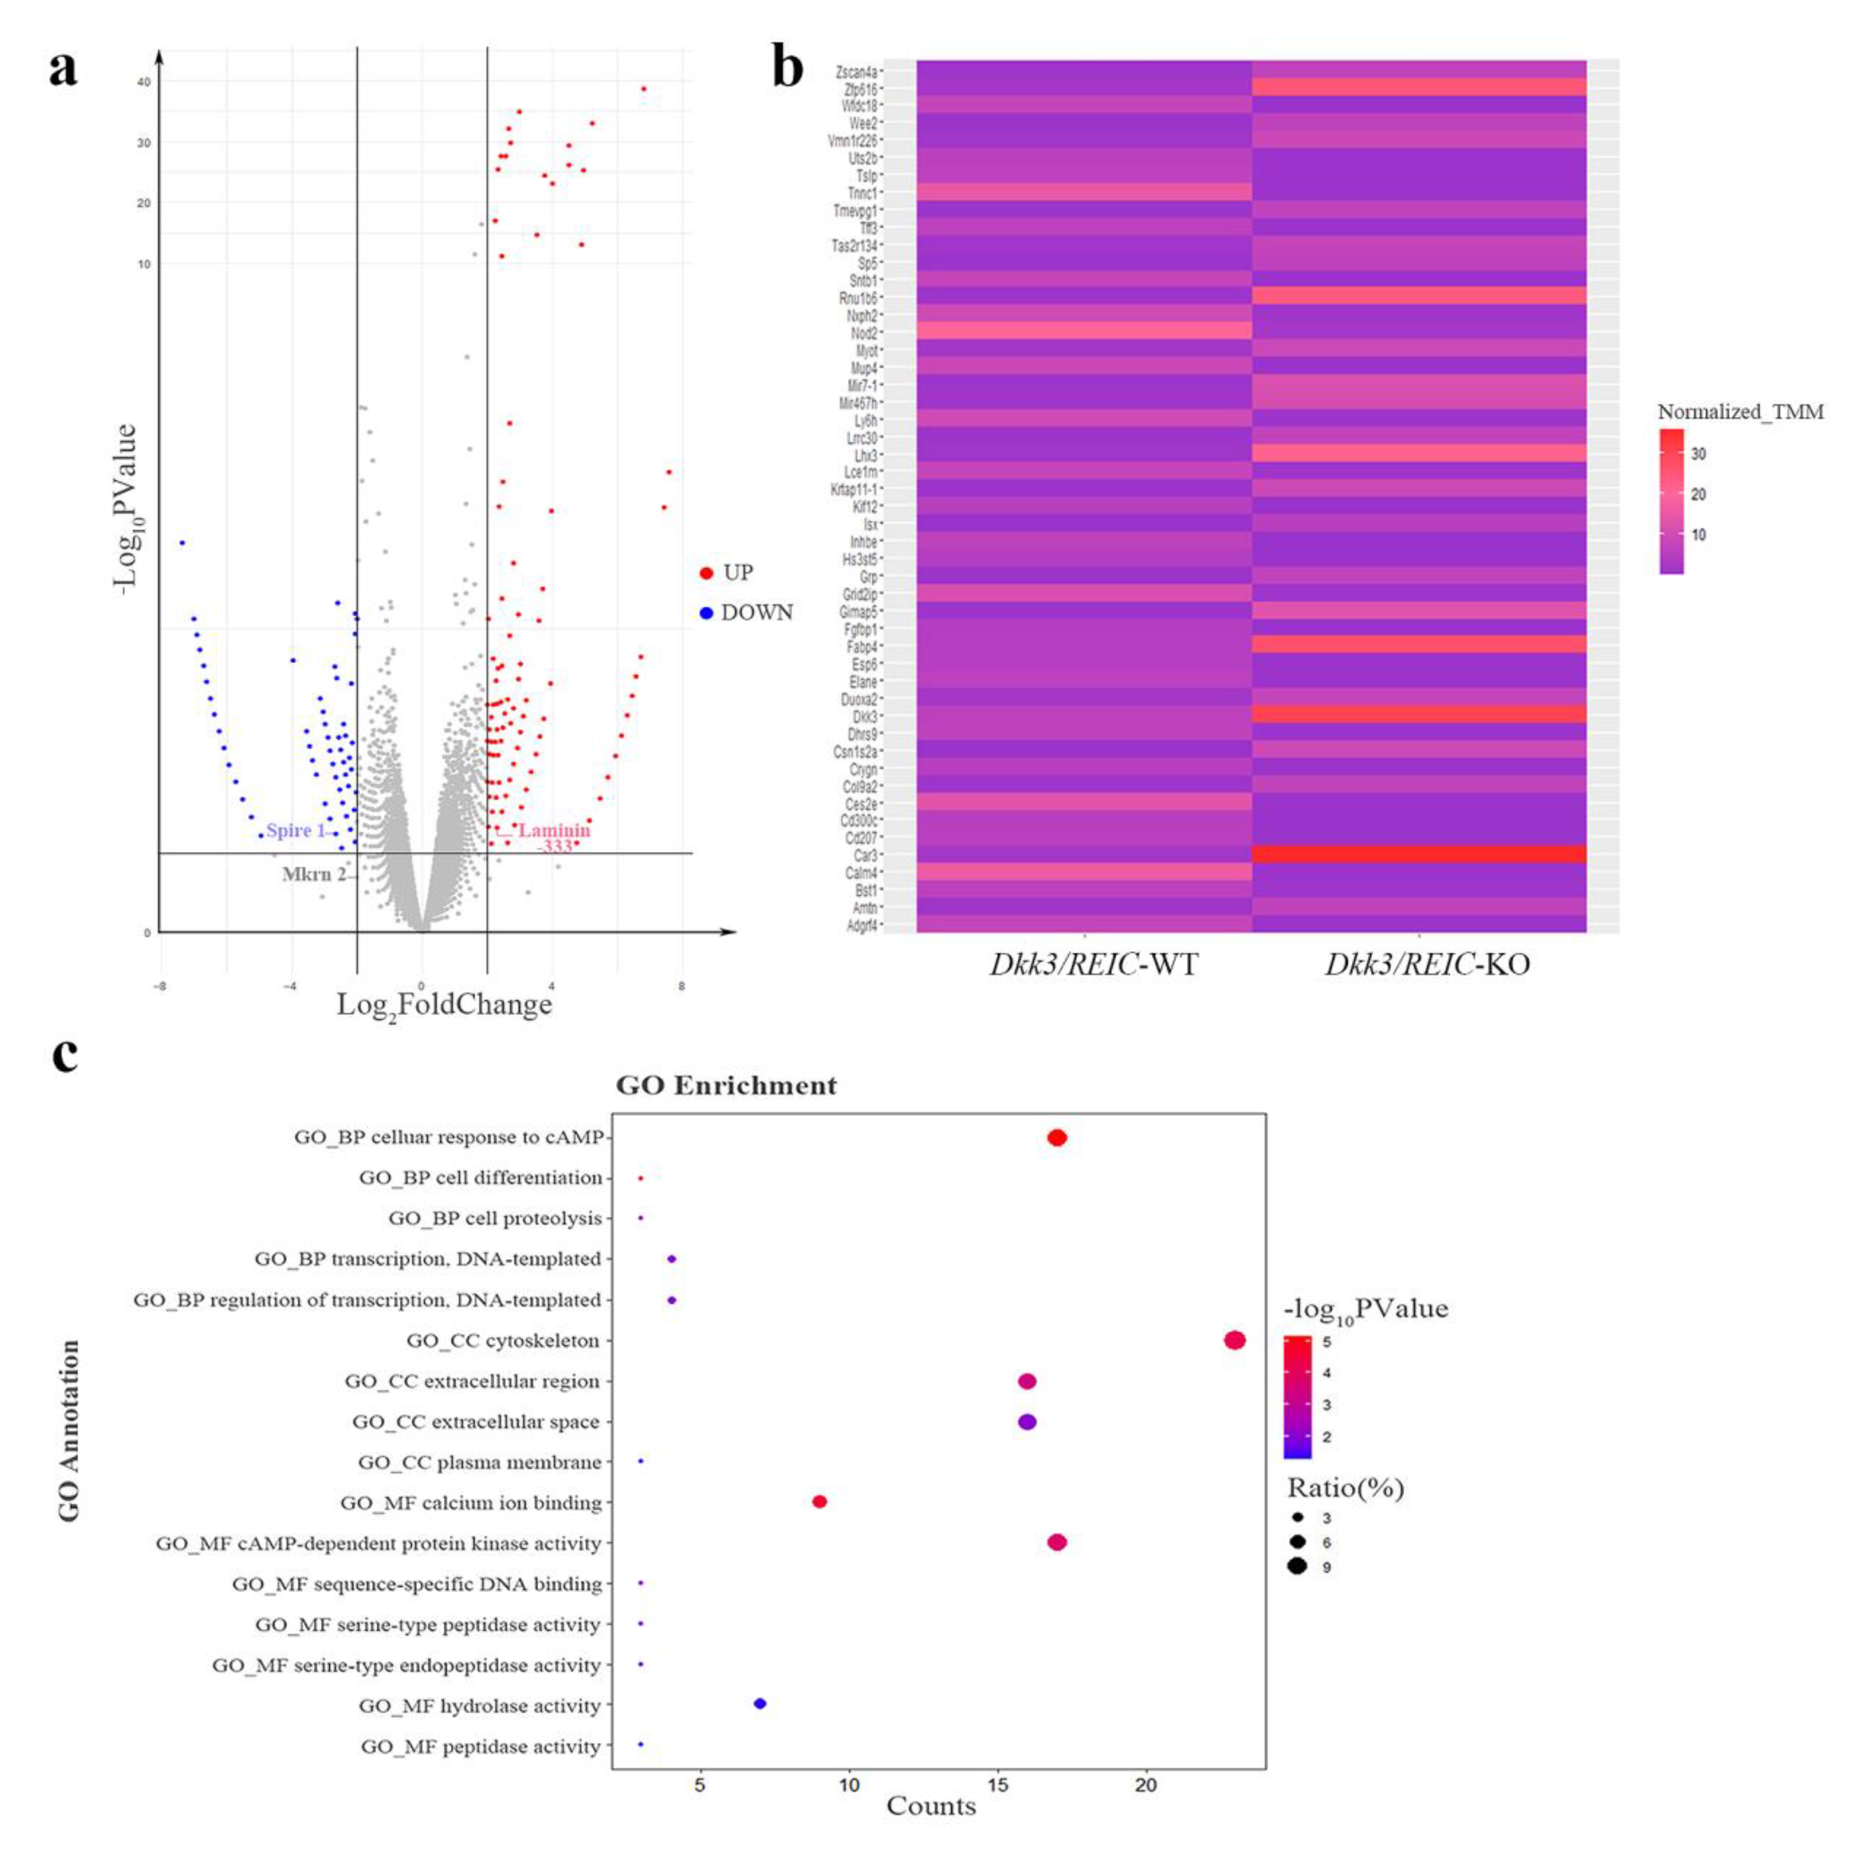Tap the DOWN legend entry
point(755,613)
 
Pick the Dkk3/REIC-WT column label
point(1093,964)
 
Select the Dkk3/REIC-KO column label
point(1427,964)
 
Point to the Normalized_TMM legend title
point(1739,412)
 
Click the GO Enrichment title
point(727,1085)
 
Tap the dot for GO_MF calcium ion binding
point(820,1502)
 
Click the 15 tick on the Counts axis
point(998,1785)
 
